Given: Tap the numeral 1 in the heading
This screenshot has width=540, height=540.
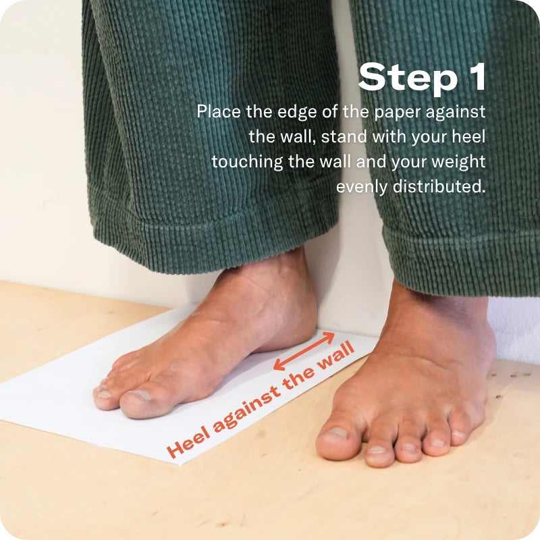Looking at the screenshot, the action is point(476,76).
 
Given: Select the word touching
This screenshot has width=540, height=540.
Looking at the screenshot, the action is point(247,162).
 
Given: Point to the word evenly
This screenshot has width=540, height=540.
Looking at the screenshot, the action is point(362,188).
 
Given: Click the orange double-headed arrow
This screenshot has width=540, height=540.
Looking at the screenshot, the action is point(304,351).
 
